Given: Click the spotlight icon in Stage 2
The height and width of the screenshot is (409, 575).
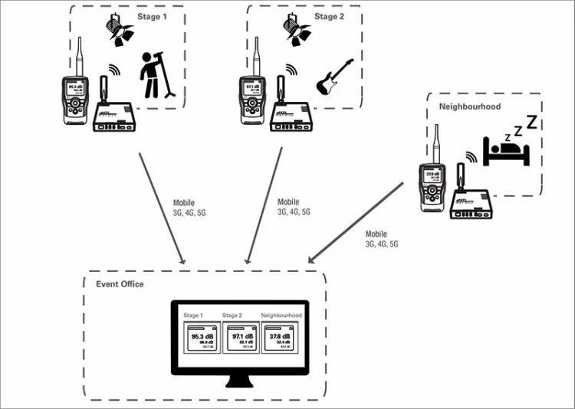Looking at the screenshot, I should pos(296,29).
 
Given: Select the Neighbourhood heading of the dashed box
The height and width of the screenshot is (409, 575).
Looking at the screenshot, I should pos(470,106).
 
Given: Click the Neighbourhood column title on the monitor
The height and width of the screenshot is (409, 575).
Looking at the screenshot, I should pos(281,315).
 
